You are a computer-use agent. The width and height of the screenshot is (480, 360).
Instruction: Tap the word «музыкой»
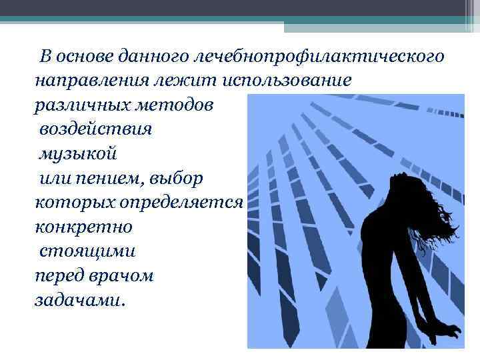pyautogui.click(x=77, y=153)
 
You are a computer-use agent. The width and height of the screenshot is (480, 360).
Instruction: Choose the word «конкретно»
pyautogui.click(x=83, y=227)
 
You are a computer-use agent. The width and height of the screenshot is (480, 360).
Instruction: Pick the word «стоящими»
pyautogui.click(x=89, y=252)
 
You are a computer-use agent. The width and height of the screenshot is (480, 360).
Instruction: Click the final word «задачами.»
pyautogui.click(x=78, y=300)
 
